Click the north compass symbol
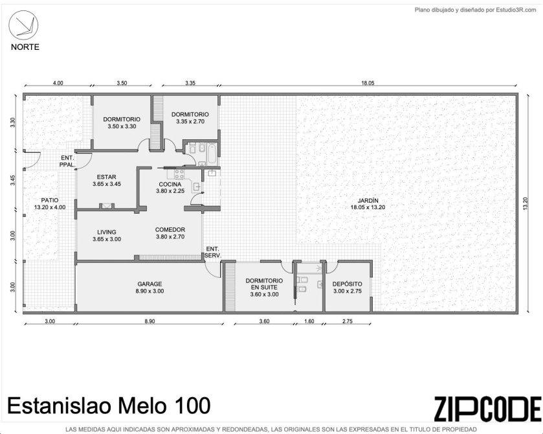coord(23,27)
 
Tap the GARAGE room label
coord(150,284)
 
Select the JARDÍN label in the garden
coord(368,200)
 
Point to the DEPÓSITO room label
coord(348,284)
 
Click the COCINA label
coord(170,184)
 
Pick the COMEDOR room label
coord(170,229)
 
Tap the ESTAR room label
coord(107,177)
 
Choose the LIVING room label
coord(107,232)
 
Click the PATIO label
coord(50,200)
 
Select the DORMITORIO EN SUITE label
coord(264,284)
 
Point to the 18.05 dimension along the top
coord(368,83)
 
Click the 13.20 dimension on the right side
coord(526,203)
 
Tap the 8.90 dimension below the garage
coord(150,321)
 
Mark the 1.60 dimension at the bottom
coord(309,321)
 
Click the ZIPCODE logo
coord(487,409)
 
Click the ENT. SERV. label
coord(213,252)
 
